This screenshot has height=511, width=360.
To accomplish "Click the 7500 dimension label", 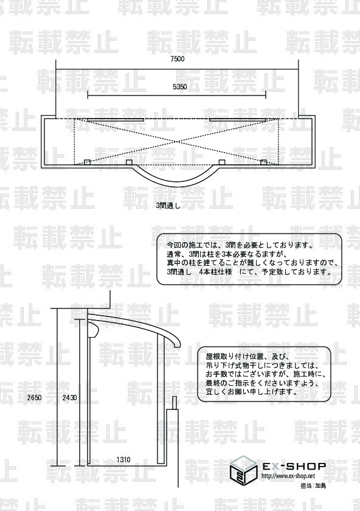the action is pyautogui.click(x=177, y=59).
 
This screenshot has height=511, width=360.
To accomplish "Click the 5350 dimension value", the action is pyautogui.click(x=180, y=87).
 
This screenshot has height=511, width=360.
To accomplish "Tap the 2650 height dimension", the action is pyautogui.click(x=35, y=398).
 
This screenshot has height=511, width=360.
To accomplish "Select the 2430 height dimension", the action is pyautogui.click(x=69, y=398).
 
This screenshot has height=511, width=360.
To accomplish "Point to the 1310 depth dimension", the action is pyautogui.click(x=123, y=459).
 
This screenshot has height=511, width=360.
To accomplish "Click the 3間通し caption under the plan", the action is pyautogui.click(x=168, y=206).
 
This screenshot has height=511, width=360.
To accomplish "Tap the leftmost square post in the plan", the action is pyautogui.click(x=87, y=162).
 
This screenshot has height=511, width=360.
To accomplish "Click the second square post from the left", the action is pyautogui.click(x=129, y=162).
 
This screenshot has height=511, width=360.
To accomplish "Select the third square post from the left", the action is pyautogui.click(x=222, y=162).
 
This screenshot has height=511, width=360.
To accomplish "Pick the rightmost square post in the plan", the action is pyautogui.click(x=263, y=162).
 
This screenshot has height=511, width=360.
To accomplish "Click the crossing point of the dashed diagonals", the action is pyautogui.click(x=177, y=142).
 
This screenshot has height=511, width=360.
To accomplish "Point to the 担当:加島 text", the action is pyautogui.click(x=313, y=485).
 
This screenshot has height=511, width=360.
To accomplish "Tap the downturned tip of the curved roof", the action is pyautogui.click(x=177, y=346).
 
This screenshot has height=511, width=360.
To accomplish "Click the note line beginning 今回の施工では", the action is pyautogui.click(x=240, y=245).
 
